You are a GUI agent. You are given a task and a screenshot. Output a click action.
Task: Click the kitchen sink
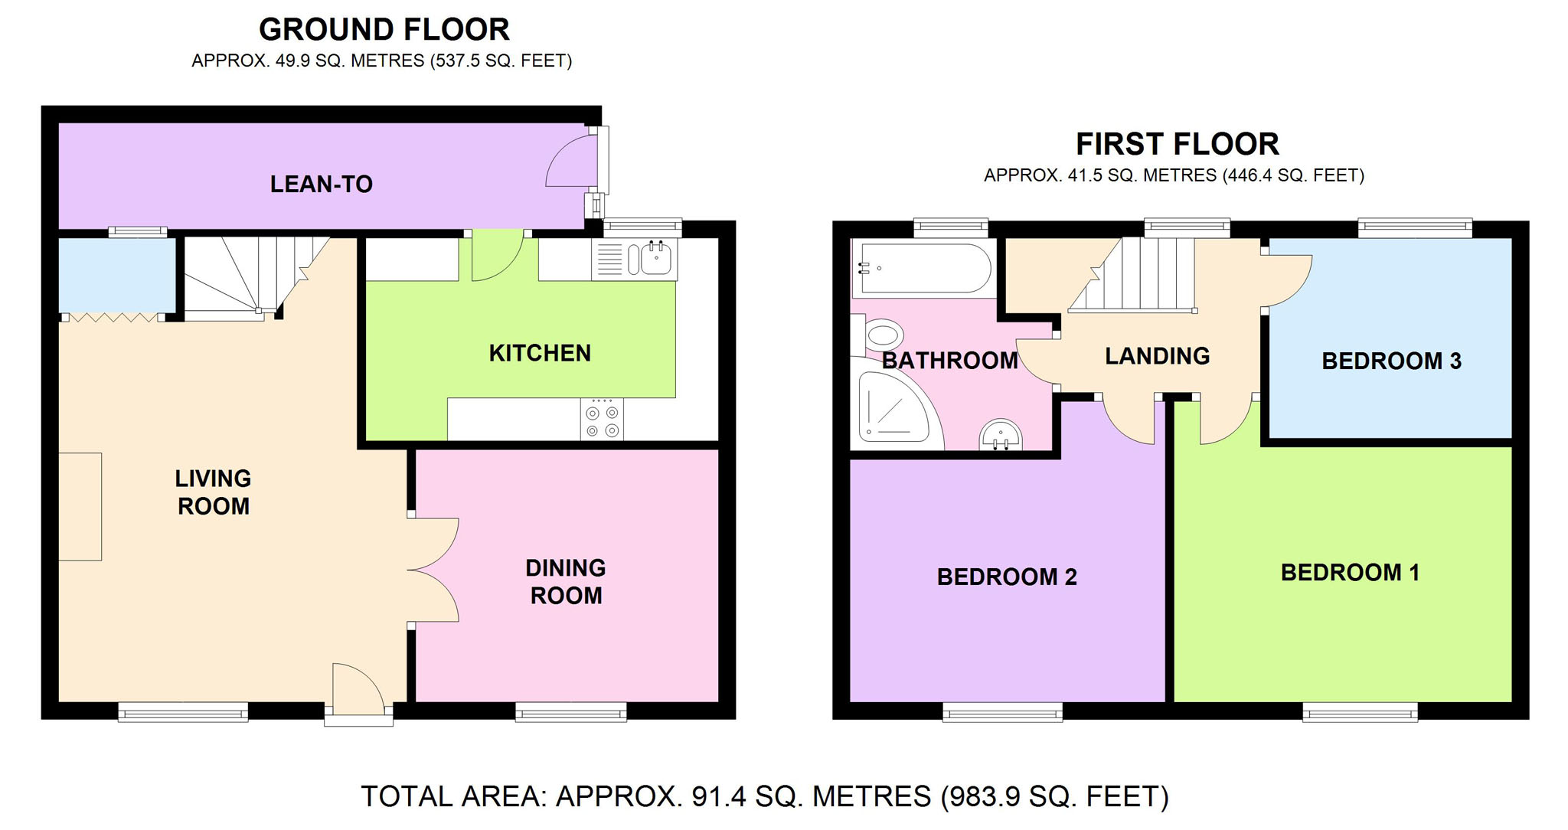[635, 260]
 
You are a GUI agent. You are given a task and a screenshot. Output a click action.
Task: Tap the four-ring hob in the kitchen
[602, 420]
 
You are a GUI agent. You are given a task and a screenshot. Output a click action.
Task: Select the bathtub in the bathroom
[924, 268]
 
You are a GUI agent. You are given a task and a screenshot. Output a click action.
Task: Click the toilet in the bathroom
[877, 335]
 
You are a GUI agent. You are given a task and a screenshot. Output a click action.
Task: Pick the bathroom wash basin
[1001, 434]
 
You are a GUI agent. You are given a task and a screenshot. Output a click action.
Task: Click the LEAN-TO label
[322, 184]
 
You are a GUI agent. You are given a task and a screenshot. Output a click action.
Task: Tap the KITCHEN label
[540, 353]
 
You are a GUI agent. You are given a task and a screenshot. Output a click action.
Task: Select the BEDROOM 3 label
[1391, 361]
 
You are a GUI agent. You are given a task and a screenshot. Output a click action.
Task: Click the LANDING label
[1157, 355]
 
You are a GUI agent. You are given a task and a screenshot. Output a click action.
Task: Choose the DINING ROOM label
[566, 581]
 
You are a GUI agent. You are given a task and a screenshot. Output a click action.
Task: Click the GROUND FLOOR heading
[384, 30]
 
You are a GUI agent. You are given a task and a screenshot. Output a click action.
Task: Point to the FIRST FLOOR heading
[1178, 144]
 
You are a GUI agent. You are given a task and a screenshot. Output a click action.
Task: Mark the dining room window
[571, 712]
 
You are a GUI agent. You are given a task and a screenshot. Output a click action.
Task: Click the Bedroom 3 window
[1415, 227]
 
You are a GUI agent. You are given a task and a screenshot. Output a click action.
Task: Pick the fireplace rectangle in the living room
[80, 506]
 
